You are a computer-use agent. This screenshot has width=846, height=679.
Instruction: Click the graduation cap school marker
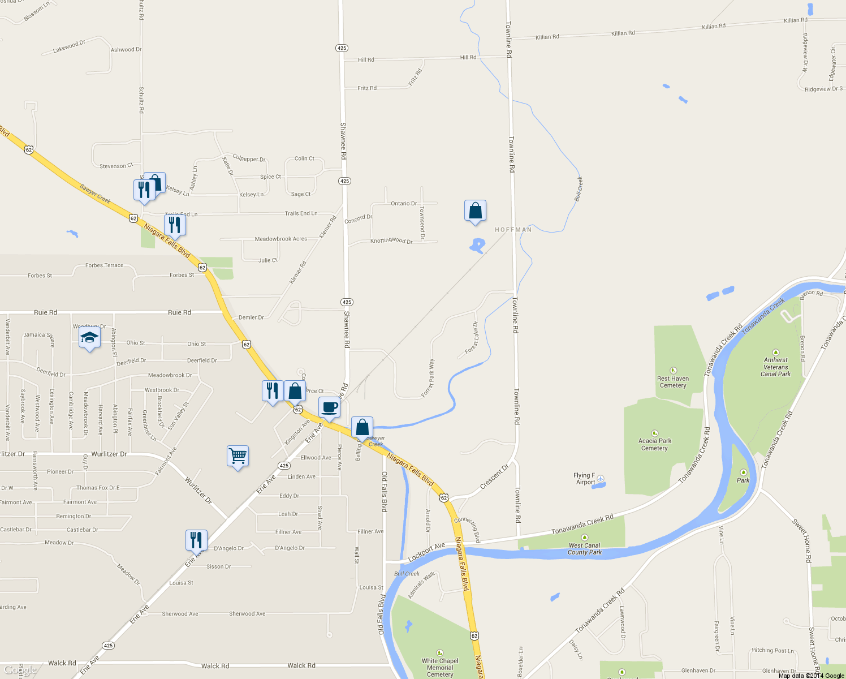[x=89, y=339]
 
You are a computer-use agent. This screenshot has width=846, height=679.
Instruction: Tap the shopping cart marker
[x=238, y=456]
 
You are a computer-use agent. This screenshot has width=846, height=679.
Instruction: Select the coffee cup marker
[x=329, y=407]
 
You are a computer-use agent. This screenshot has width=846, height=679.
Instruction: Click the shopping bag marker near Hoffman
[x=475, y=211]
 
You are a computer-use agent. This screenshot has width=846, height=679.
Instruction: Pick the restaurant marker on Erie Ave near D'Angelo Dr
[x=196, y=541]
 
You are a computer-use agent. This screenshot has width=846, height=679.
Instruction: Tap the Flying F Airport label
[x=585, y=479]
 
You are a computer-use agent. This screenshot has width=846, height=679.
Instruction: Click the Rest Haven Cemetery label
[x=673, y=382]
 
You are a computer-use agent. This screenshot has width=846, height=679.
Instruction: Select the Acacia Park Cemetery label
[x=654, y=444]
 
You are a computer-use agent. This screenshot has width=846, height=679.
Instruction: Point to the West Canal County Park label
[x=585, y=549]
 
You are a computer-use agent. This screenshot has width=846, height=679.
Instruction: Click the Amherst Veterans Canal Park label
[x=776, y=367]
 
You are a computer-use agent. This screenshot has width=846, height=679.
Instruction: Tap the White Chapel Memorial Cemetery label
[x=440, y=667]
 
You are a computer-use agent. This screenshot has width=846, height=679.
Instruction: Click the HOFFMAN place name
[x=513, y=230]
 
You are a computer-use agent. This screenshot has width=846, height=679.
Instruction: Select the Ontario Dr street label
[x=404, y=203]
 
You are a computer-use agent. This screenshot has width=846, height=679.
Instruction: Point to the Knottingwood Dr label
[x=391, y=240]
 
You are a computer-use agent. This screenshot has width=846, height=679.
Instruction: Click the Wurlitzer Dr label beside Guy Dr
[x=109, y=454]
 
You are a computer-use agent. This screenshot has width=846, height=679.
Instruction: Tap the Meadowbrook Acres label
[x=280, y=239]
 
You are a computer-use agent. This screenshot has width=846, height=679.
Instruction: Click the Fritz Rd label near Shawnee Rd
[x=367, y=88]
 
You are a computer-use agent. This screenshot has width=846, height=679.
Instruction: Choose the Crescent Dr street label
[x=494, y=477]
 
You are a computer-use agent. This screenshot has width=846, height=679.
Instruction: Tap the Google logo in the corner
[x=20, y=671]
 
